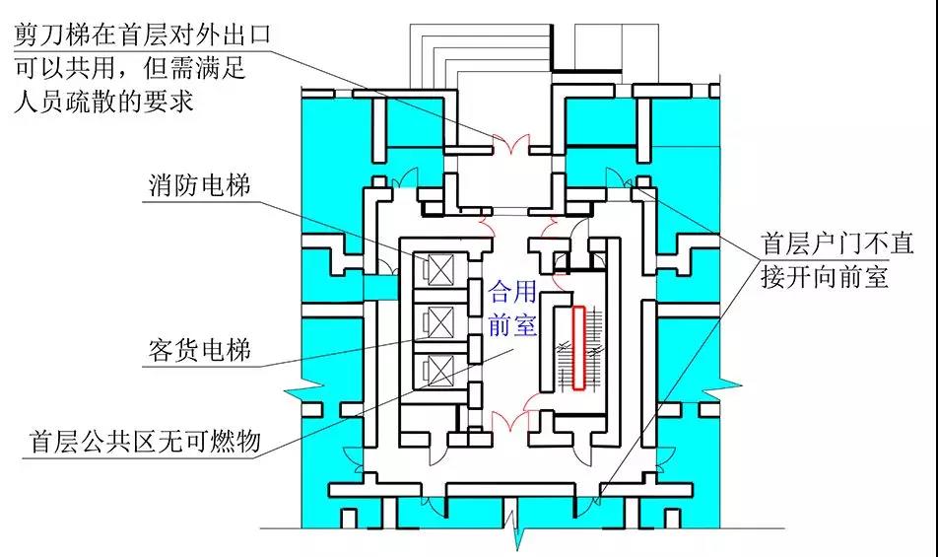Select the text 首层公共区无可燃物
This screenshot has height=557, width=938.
tap(145, 443)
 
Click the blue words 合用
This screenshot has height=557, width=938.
tap(513, 292)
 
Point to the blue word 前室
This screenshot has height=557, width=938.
tap(513, 324)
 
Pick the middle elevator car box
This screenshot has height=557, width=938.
tap(435, 319)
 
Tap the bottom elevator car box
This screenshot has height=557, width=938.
tap(435, 371)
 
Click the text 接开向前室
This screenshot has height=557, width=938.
tap(826, 276)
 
